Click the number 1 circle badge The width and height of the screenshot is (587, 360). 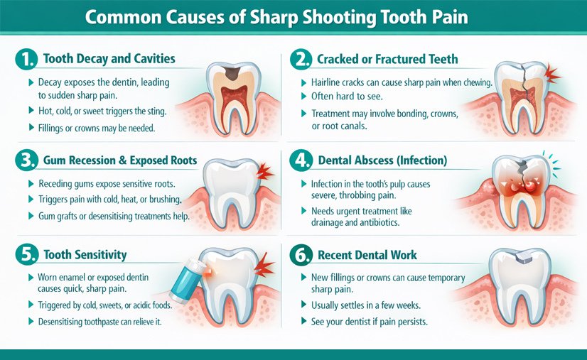[26, 60]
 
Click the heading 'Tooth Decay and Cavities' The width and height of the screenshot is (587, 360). [109, 59]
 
